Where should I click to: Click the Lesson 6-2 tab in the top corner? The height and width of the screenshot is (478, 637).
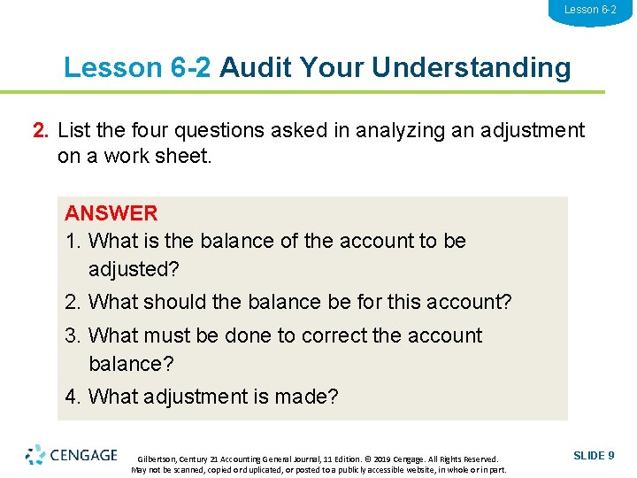[x=590, y=10]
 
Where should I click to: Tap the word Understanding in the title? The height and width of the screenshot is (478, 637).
[x=472, y=67]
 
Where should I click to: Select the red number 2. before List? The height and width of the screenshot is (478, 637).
[x=41, y=131]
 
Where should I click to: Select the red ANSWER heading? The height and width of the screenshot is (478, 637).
[x=111, y=212]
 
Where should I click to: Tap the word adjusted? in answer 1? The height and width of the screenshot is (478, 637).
[x=134, y=268]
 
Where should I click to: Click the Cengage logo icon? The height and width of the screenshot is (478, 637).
[x=35, y=455]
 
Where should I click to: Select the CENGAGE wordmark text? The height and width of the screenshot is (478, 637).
[x=84, y=455]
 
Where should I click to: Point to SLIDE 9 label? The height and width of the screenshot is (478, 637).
[x=594, y=455]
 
